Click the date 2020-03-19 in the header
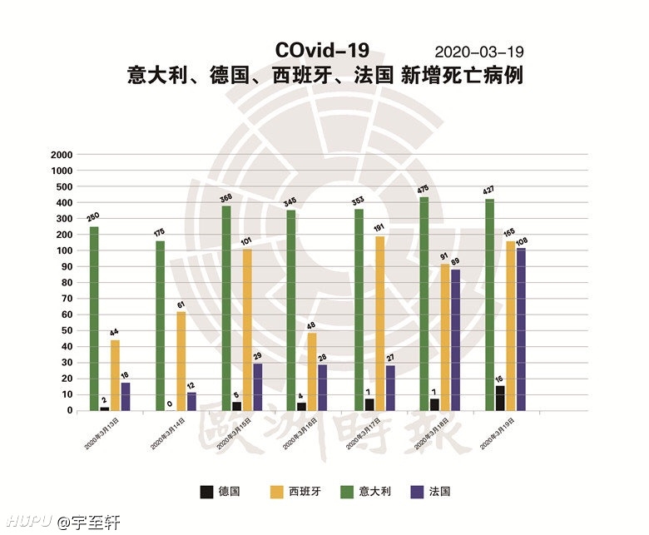pyautogui.click(x=478, y=52)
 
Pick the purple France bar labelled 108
pyautogui.click(x=520, y=329)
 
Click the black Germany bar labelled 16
pyautogui.click(x=499, y=398)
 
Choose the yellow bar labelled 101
pyautogui.click(x=247, y=329)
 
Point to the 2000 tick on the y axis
pyautogui.click(x=62, y=155)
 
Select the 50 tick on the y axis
pyautogui.click(x=65, y=330)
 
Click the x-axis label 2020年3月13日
pyautogui.click(x=101, y=433)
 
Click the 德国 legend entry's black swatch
pyautogui.click(x=206, y=492)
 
